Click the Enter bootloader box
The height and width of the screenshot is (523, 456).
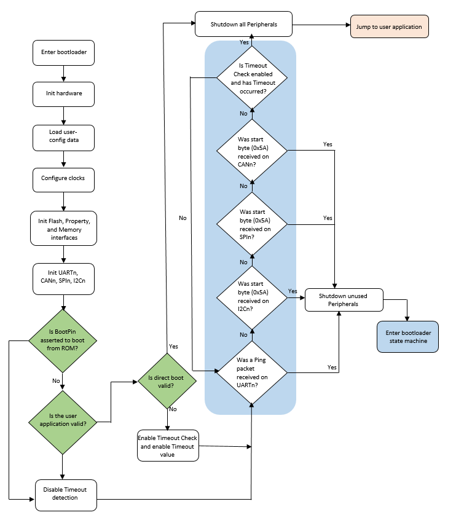tap(64, 52)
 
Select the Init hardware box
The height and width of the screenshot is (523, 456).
tap(64, 93)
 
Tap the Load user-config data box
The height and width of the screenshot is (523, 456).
tap(64, 136)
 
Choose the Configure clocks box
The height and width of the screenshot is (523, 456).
tap(64, 178)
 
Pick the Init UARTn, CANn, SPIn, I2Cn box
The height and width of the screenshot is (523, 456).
tap(64, 276)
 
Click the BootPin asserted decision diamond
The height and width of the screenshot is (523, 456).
tap(64, 340)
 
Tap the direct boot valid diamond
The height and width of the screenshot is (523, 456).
tap(167, 382)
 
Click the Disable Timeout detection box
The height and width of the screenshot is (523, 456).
tap(66, 494)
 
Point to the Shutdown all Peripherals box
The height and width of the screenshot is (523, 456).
tap(244, 25)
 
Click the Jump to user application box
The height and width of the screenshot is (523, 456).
tap(389, 27)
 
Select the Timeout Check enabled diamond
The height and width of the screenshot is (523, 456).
tap(252, 77)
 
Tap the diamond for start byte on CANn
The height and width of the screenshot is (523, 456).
tap(252, 150)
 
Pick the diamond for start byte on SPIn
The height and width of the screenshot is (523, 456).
tap(252, 224)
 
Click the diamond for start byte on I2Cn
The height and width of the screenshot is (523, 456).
tap(252, 297)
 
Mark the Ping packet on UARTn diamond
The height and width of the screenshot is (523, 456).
tap(252, 372)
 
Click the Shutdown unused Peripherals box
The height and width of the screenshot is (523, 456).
tap(344, 299)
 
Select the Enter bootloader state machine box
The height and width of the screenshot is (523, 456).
tap(408, 337)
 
